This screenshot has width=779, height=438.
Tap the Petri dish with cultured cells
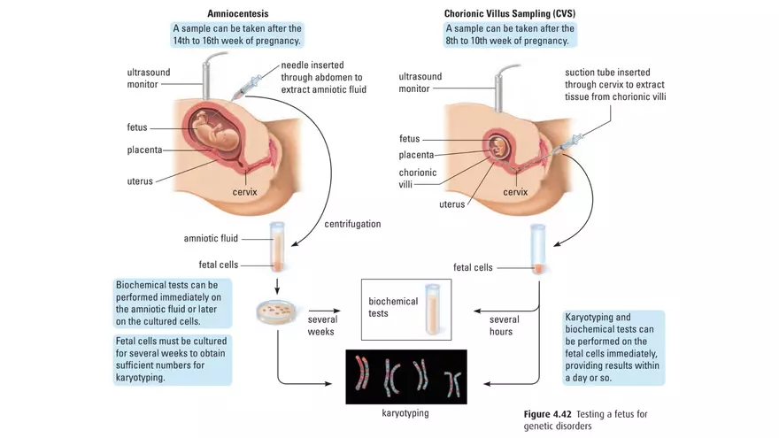277,311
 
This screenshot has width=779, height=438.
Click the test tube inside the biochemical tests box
433,308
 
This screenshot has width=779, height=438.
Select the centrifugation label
352,224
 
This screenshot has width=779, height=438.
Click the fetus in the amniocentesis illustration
213,128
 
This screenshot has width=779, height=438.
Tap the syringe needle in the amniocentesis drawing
249,86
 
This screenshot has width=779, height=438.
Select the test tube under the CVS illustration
537,249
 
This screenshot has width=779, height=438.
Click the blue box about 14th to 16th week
237,35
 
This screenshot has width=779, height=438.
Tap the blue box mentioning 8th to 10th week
510,35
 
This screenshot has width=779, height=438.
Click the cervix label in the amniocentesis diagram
245,191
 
